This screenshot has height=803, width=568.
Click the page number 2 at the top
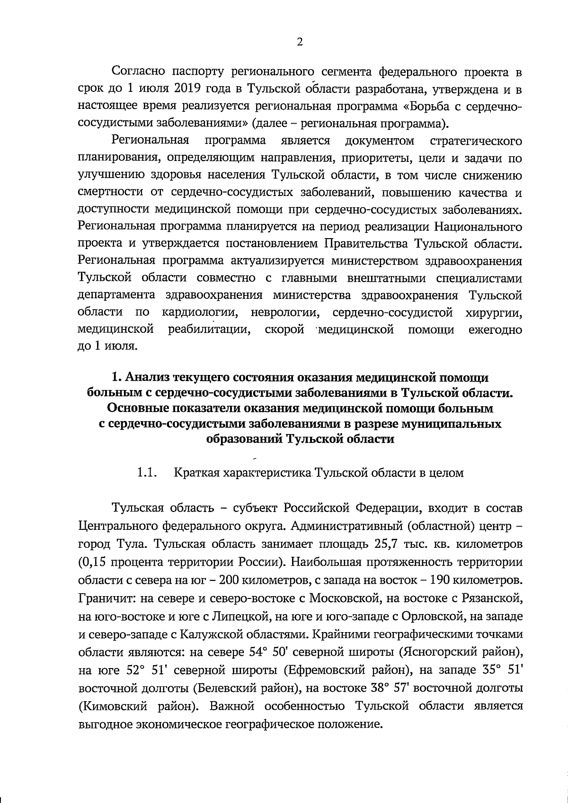[299, 42]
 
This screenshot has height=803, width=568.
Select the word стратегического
[477, 141]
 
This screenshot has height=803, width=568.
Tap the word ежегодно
[495, 330]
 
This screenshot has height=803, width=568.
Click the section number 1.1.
[147, 473]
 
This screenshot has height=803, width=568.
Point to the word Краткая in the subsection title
[197, 473]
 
